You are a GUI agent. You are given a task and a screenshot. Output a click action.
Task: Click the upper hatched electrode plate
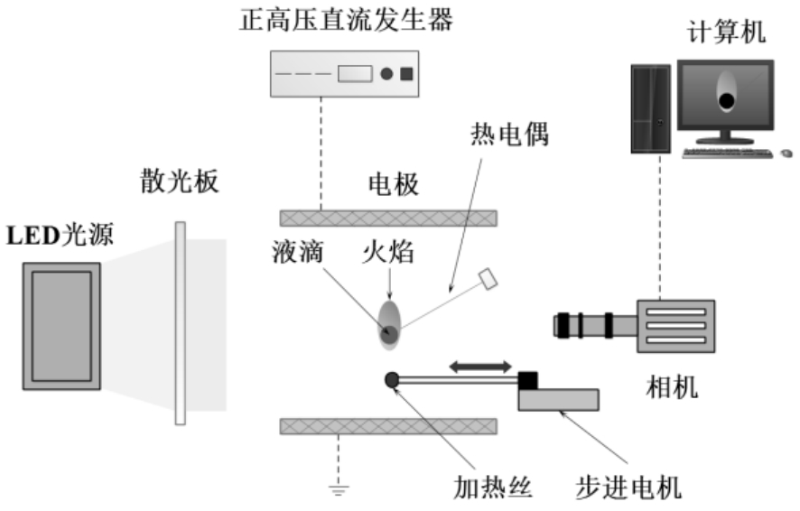pyautogui.click(x=388, y=218)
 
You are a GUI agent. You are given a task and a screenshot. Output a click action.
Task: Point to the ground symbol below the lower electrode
pyautogui.click(x=339, y=490)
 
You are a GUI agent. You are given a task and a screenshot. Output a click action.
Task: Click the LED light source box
pyautogui.click(x=61, y=326)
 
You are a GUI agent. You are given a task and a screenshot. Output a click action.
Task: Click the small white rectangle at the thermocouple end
pyautogui.click(x=490, y=279)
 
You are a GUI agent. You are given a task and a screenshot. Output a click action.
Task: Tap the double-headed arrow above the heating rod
pyautogui.click(x=480, y=366)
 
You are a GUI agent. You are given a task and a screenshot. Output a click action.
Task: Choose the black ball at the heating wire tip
pyautogui.click(x=391, y=380)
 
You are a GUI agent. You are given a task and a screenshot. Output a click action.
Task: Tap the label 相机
pyautogui.click(x=673, y=388)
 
